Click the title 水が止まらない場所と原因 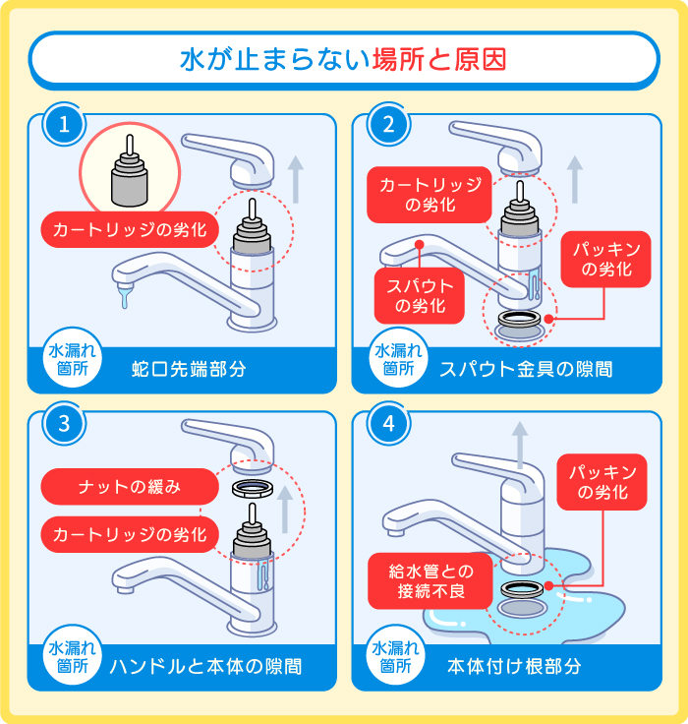343,59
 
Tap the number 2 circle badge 388,126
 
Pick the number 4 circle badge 388,423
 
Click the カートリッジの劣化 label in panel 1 129,231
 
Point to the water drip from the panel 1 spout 123,295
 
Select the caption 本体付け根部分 514,666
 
